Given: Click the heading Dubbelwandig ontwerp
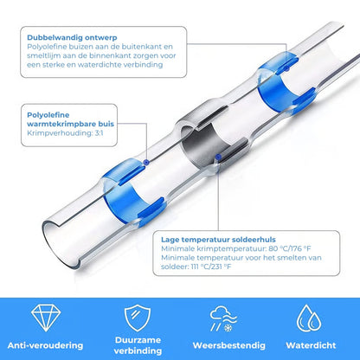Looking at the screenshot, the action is [x=72, y=37].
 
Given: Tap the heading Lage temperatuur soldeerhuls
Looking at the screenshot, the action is [x=218, y=240].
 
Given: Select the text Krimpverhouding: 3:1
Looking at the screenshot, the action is [x=65, y=133].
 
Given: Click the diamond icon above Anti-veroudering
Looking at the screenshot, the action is [x=46, y=318].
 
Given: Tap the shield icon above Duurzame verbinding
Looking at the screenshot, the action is [x=138, y=318].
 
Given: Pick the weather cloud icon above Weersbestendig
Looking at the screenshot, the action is [x=223, y=318].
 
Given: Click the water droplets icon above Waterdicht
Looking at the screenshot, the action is [x=309, y=318].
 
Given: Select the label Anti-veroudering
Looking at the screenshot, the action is [x=45, y=345].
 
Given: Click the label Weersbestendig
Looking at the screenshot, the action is [x=229, y=345].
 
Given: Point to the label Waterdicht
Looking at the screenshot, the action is [x=311, y=345].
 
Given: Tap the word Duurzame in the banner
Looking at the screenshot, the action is [x=138, y=340].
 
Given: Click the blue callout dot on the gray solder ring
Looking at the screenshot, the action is [x=218, y=157].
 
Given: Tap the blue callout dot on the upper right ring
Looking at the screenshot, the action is [x=286, y=68].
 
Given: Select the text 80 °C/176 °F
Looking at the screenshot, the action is [x=290, y=248].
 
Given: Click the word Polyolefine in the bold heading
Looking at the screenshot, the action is [x=48, y=115].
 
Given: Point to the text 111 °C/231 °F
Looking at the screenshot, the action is [x=211, y=267].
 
